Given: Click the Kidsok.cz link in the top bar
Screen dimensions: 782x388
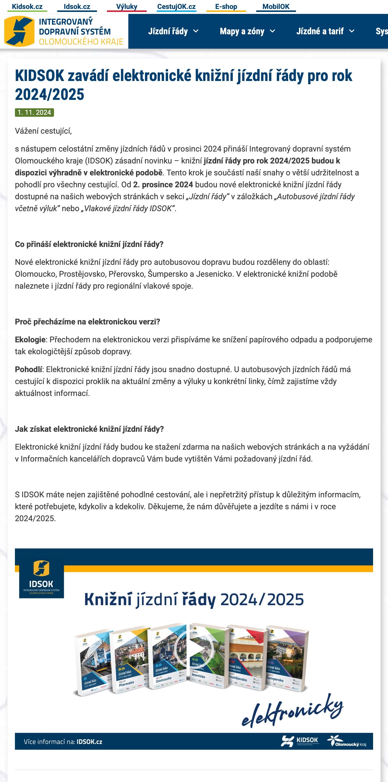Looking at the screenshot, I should click(27, 6).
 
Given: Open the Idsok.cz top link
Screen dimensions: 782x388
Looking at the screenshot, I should click(77, 6).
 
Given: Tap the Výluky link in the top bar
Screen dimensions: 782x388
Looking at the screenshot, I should click(126, 6).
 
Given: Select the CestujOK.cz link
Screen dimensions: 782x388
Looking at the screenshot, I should click(176, 6).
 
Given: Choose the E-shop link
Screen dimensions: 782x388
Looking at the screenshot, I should click(226, 6).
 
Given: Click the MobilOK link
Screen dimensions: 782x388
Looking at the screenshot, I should click(276, 6).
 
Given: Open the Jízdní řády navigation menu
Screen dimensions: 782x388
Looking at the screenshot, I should click(173, 31).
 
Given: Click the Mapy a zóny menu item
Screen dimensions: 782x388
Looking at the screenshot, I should click(247, 31).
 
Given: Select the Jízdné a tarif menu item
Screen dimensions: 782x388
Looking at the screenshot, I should click(325, 31).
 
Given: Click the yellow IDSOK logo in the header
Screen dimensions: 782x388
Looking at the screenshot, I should click(19, 31).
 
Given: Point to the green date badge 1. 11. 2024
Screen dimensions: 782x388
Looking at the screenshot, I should click(34, 112).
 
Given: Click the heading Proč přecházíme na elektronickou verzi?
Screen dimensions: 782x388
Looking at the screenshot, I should click(88, 322).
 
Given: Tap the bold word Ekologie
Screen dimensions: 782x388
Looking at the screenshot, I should click(30, 340).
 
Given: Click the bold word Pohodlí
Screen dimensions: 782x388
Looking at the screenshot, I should click(29, 369).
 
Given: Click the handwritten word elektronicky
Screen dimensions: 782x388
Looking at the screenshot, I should click(292, 710).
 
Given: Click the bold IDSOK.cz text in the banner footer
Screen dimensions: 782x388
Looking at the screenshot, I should click(89, 742).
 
